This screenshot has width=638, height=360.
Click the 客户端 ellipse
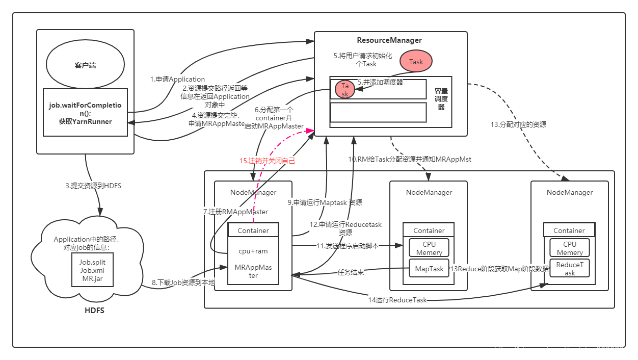[85, 66]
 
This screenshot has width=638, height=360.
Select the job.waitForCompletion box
[85, 113]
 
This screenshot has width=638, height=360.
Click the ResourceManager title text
[389, 40]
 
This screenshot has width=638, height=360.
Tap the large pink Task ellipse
[416, 62]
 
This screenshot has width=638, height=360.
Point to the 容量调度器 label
[441, 99]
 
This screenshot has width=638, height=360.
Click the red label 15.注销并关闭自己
[268, 161]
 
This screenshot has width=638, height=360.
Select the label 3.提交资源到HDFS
[93, 186]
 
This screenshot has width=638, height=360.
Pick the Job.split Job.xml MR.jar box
[92, 270]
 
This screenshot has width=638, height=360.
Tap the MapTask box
[429, 269]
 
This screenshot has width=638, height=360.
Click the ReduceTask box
[569, 269]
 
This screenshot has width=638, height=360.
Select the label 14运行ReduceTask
[397, 300]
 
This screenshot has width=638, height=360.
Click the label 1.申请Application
[177, 80]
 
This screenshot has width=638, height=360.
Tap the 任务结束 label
[351, 272]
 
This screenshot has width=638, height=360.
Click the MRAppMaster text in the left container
[253, 271]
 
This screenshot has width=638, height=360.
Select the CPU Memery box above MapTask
[429, 248]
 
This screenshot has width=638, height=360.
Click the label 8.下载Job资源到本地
[183, 282]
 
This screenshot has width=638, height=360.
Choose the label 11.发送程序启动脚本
[348, 246]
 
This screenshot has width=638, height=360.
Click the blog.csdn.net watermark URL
[564, 350]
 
